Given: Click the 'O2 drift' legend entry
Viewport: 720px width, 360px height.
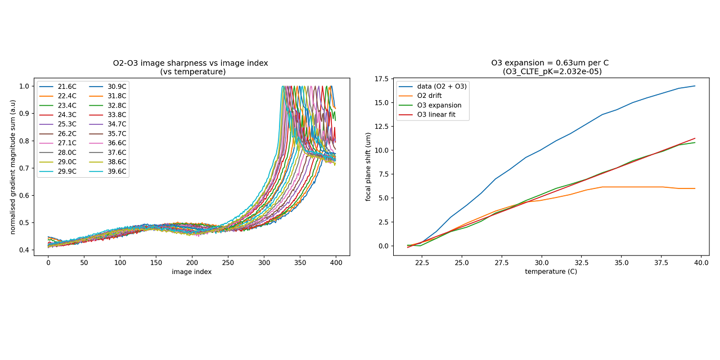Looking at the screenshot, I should point(430,96).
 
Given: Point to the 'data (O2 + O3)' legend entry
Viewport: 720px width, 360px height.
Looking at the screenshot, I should point(440,86).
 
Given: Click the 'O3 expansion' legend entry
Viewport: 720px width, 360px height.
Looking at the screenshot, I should point(437,105).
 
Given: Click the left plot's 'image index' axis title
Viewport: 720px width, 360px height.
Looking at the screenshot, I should point(191,272).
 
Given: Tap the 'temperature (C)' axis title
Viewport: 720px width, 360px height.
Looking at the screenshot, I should point(551,272).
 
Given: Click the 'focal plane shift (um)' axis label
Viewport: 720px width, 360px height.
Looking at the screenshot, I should point(368,166).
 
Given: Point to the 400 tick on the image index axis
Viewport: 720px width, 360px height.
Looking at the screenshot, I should point(336,262).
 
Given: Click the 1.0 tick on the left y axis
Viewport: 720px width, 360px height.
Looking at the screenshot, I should point(24,86).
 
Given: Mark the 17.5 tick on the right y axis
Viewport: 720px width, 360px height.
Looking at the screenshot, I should point(380,79).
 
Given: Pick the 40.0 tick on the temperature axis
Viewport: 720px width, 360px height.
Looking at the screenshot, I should point(701,262).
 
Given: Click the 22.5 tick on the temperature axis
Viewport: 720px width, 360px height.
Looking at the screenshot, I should point(422,262).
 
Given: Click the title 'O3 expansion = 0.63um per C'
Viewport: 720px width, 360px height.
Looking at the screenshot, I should point(550,63).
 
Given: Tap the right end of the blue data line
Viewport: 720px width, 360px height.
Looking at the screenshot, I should point(695,86).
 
